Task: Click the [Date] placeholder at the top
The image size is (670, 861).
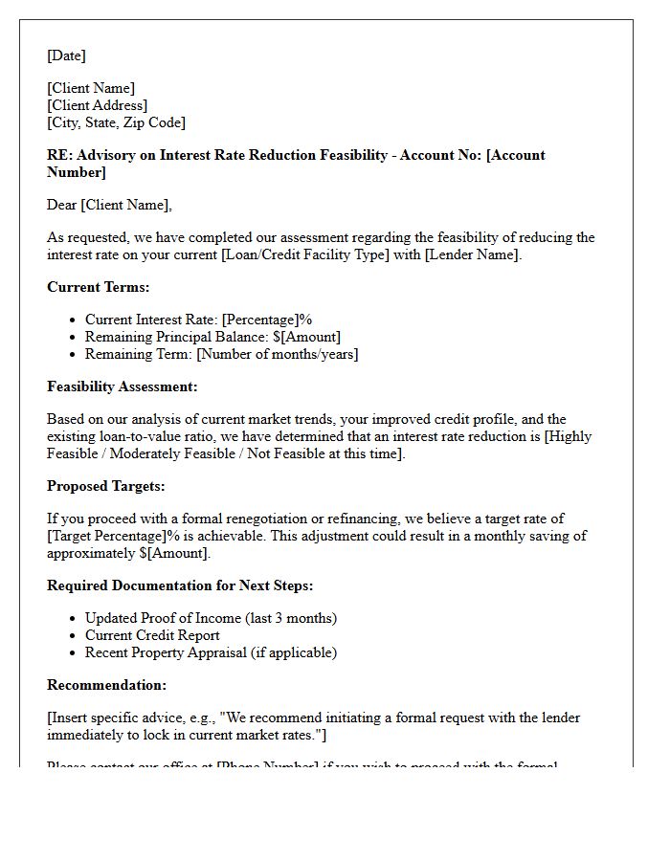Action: [66, 55]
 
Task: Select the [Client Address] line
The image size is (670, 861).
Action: [97, 105]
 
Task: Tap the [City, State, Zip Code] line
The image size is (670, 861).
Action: [116, 122]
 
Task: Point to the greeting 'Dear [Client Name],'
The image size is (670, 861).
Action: [109, 205]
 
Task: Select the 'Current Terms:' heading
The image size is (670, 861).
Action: [98, 287]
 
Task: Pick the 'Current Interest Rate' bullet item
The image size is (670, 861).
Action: [198, 320]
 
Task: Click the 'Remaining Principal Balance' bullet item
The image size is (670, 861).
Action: [212, 337]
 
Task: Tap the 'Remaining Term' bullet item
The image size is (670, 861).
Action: [221, 354]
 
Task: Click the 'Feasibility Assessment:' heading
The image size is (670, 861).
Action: [123, 386]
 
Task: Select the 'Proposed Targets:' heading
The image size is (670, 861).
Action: [105, 486]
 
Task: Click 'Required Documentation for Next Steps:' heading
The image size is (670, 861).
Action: [180, 585]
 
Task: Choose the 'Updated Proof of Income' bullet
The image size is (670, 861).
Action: [211, 618]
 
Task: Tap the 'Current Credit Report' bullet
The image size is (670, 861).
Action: [151, 635]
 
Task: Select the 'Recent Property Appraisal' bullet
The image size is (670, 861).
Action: [211, 652]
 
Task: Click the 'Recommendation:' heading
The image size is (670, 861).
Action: [106, 685]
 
